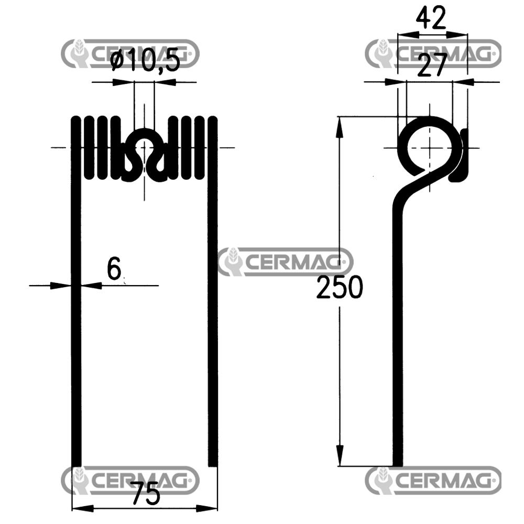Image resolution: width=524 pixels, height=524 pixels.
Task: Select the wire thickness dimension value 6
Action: point(114,269)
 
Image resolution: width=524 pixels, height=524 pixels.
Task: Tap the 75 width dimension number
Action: point(145,494)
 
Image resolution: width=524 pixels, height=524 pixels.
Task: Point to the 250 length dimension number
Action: point(340,288)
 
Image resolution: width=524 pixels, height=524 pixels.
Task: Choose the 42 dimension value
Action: point(431,19)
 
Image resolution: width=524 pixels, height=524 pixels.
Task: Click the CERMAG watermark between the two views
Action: point(286,262)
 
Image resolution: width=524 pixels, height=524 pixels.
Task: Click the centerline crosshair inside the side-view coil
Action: point(430,147)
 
